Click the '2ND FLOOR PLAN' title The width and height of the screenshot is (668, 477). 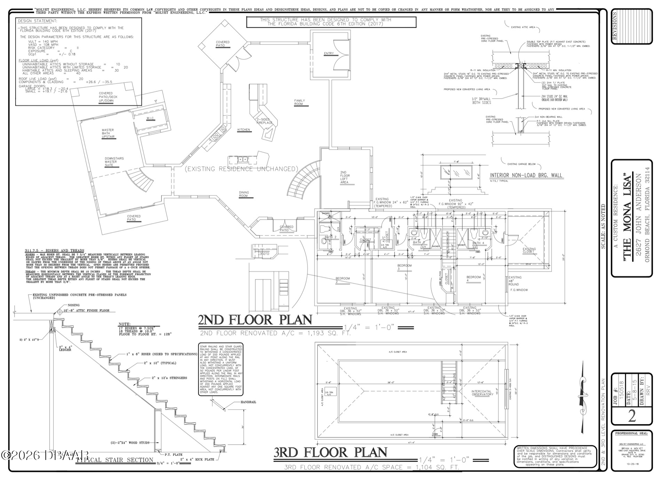(x=255, y=320)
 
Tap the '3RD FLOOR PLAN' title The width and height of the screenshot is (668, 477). (x=330, y=452)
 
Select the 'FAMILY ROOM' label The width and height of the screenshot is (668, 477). (x=299, y=102)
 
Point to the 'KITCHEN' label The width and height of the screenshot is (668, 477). (x=244, y=130)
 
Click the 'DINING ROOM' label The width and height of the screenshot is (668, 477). (x=244, y=194)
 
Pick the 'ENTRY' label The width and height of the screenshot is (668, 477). (x=329, y=53)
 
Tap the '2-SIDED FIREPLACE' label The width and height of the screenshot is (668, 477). (x=265, y=121)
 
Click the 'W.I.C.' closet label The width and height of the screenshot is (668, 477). (x=150, y=119)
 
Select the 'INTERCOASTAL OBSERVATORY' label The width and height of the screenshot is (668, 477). (x=482, y=393)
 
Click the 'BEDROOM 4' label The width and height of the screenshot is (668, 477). (x=474, y=279)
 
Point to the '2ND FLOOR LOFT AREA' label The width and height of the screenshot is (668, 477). (x=344, y=177)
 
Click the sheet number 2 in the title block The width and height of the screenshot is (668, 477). (x=631, y=416)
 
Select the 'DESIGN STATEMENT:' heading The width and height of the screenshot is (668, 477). (x=37, y=21)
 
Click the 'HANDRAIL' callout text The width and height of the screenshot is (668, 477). (x=248, y=402)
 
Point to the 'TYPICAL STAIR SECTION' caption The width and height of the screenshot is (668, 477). (x=115, y=460)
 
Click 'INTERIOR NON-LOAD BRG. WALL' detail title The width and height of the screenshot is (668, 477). (x=526, y=175)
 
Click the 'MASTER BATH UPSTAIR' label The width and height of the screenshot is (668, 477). (x=108, y=133)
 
